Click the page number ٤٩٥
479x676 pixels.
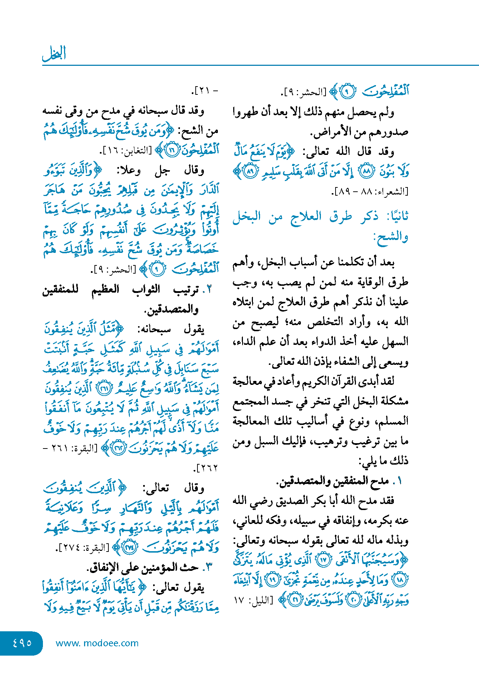coord(22,643)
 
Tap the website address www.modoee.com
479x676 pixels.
coord(97,643)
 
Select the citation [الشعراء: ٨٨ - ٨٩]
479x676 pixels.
coord(370,191)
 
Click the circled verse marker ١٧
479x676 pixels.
coord(324,560)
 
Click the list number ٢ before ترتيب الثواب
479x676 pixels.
coord(209,289)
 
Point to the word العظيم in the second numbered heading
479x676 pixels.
coord(105,289)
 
